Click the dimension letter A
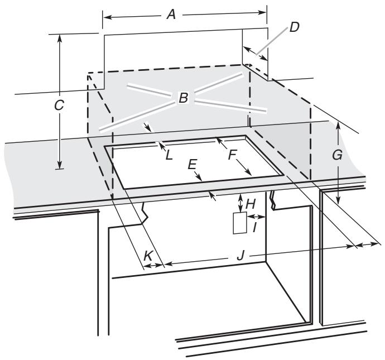tap(172, 15)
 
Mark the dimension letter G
tap(337, 156)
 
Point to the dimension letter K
tap(148, 255)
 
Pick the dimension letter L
tap(169, 154)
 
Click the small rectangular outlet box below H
tap(239, 223)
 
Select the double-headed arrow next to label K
tap(152, 266)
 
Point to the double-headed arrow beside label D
tap(256, 53)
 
